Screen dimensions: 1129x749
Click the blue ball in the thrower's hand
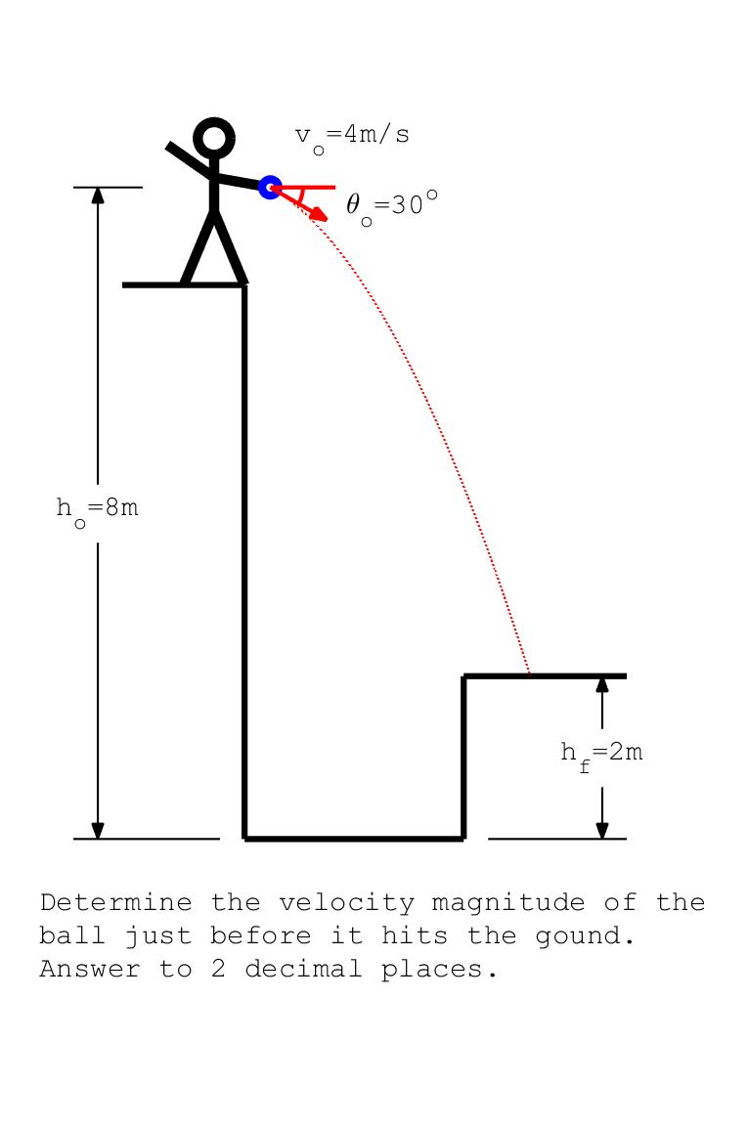tap(270, 187)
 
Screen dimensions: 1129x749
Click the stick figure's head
tap(214, 139)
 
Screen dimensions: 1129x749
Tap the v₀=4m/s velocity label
tap(352, 136)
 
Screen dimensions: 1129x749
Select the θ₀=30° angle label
tap(390, 205)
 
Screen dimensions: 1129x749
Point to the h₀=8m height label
tap(97, 509)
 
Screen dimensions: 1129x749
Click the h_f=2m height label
tap(601, 754)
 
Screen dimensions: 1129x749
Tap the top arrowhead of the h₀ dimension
tap(98, 195)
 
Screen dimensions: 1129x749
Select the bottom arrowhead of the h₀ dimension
tap(98, 831)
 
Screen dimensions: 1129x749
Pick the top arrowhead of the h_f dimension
tap(602, 683)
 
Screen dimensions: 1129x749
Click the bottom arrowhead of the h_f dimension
tap(602, 831)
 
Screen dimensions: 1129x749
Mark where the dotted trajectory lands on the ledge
tap(530, 674)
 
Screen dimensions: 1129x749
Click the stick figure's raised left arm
tap(189, 161)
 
